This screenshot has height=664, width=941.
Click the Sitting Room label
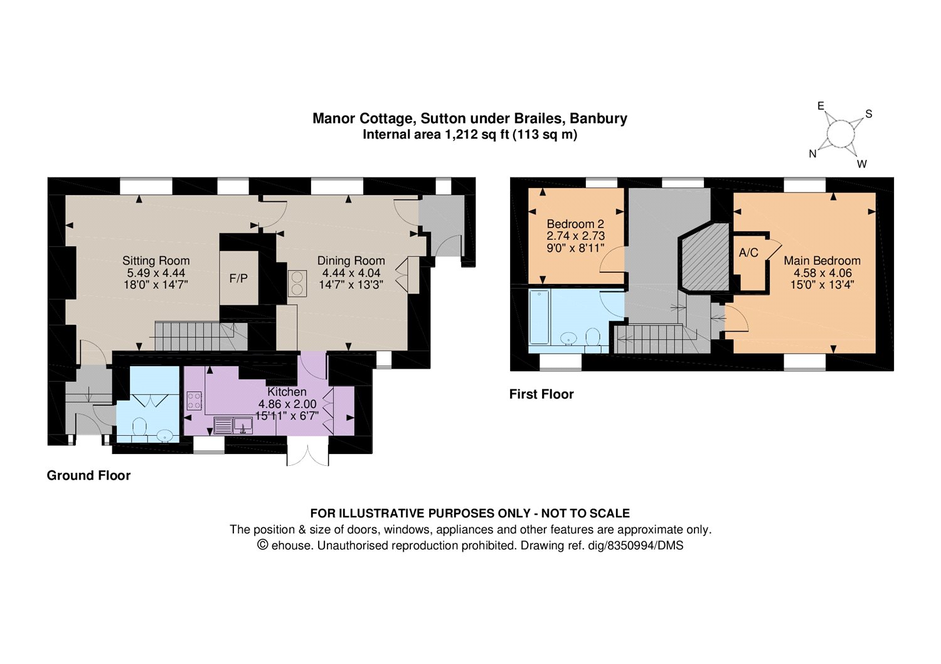pyautogui.click(x=156, y=260)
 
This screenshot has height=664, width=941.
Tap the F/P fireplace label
pyautogui.click(x=238, y=278)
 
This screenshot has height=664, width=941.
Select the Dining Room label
pyautogui.click(x=351, y=261)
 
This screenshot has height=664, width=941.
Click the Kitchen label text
pyautogui.click(x=287, y=392)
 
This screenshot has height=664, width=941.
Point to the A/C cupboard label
pyautogui.click(x=748, y=253)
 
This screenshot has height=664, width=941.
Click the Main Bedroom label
pyautogui.click(x=822, y=261)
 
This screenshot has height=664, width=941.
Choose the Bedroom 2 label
pyautogui.click(x=575, y=224)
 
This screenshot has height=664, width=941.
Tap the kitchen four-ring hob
pyautogui.click(x=194, y=400)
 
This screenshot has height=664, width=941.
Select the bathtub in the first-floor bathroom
pyautogui.click(x=538, y=317)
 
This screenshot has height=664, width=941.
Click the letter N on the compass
pyautogui.click(x=812, y=154)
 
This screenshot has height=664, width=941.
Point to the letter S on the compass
pyautogui.click(x=869, y=114)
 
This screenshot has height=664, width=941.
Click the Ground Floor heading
pyautogui.click(x=88, y=475)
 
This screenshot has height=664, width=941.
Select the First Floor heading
pyautogui.click(x=541, y=394)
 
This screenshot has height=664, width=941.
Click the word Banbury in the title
pyautogui.click(x=598, y=119)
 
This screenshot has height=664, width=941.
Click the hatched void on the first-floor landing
pyautogui.click(x=704, y=257)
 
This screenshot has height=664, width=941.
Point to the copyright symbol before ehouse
pyautogui.click(x=263, y=545)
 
